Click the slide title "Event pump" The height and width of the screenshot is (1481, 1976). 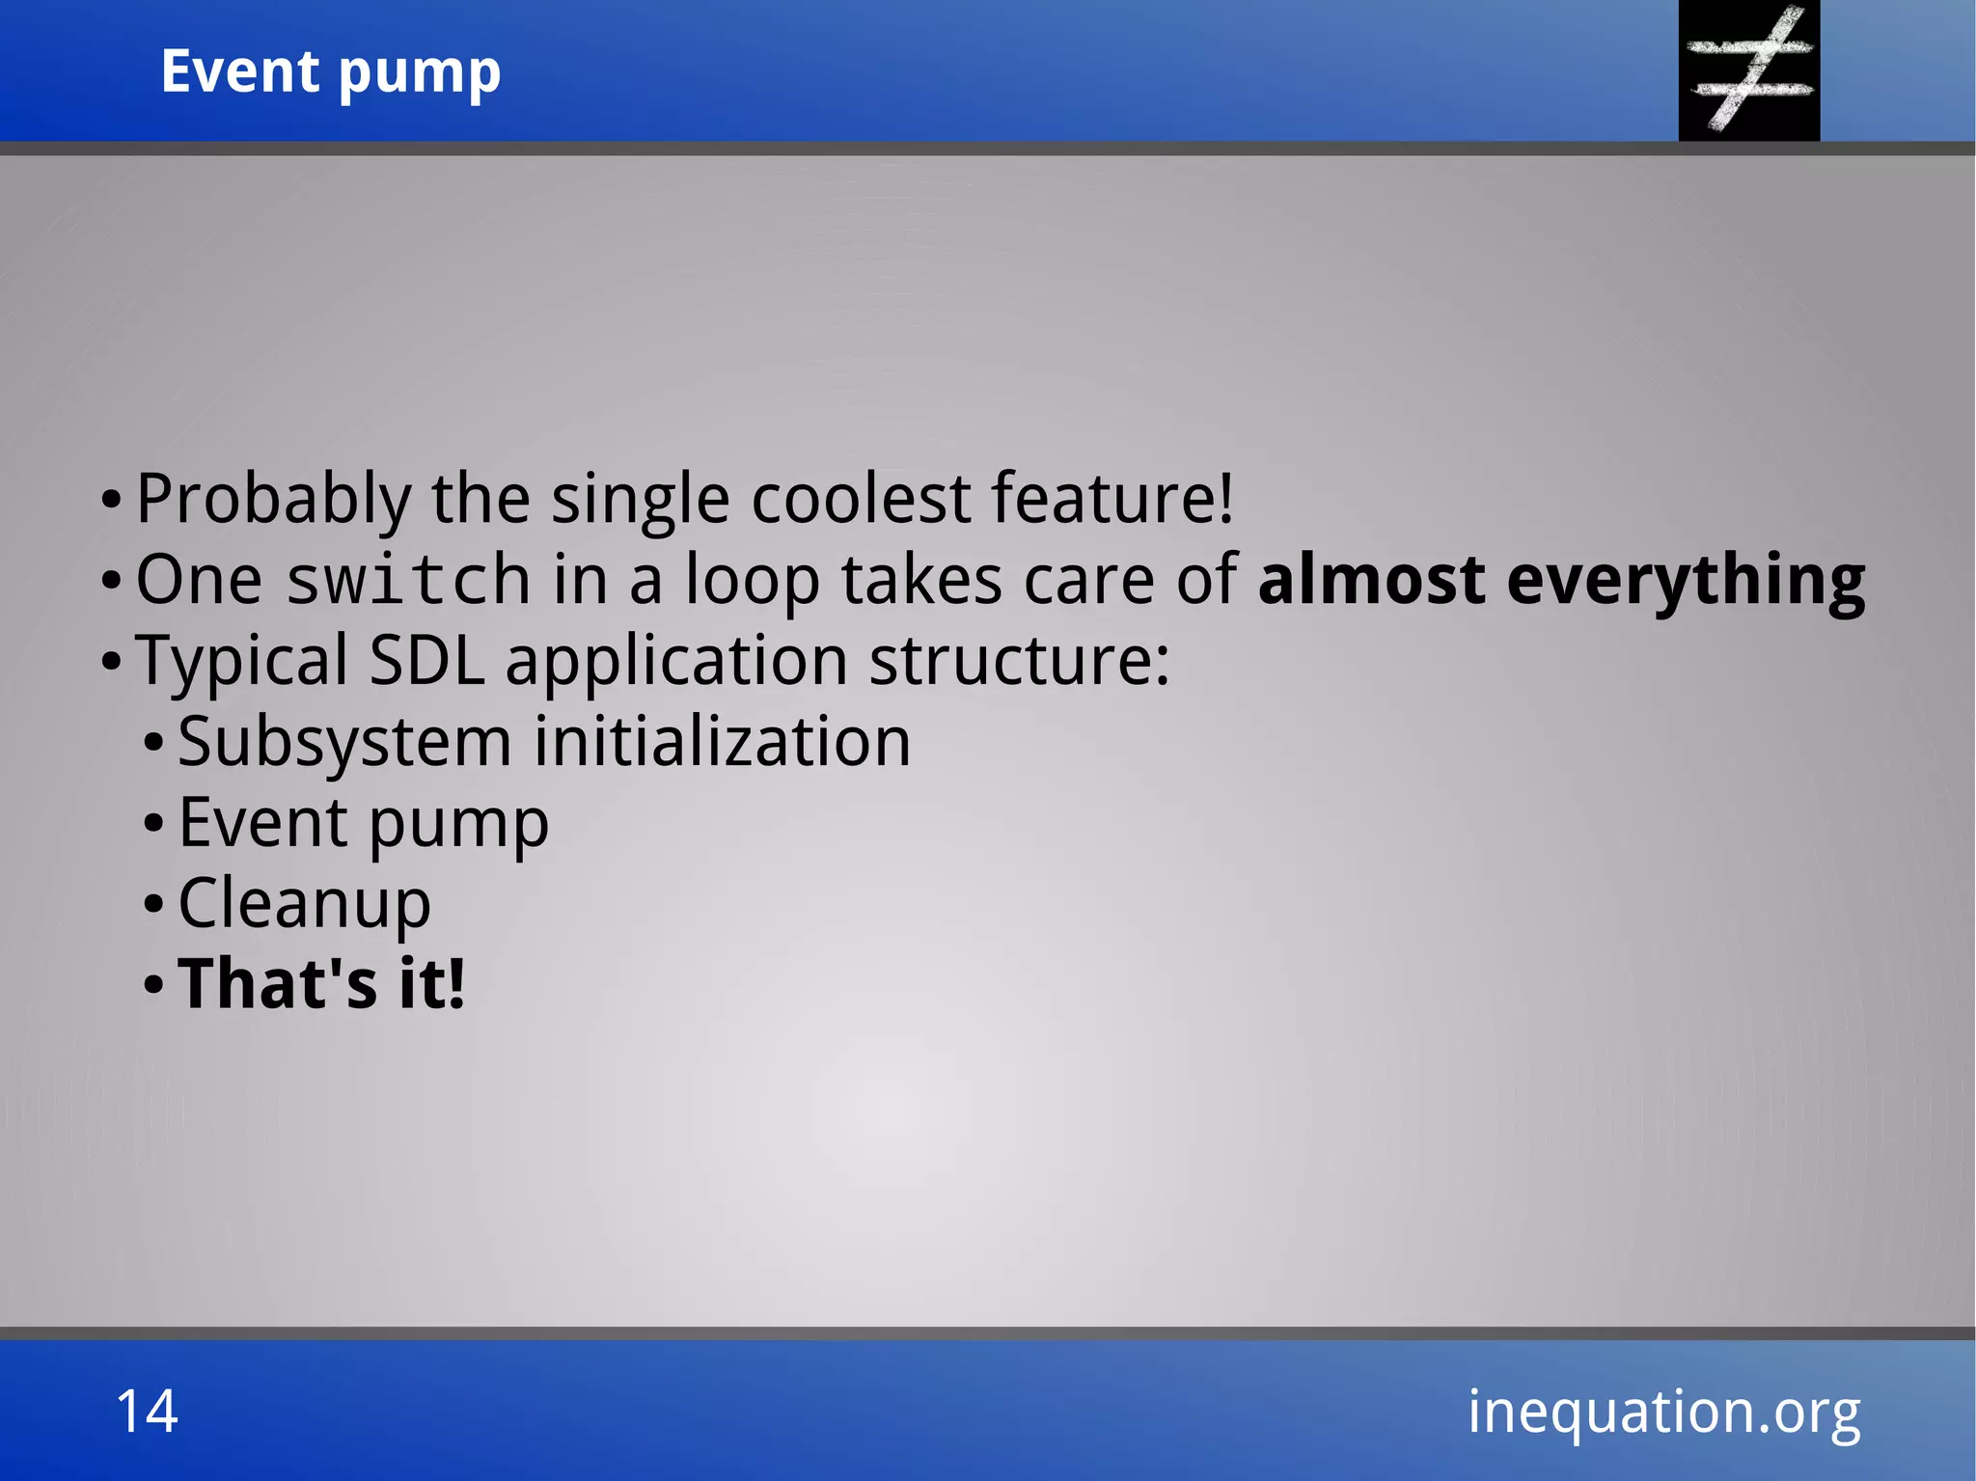[331, 72]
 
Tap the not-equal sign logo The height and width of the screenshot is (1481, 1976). [1749, 69]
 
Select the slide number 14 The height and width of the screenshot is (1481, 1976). [147, 1412]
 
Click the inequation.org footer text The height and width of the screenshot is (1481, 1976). [1663, 1412]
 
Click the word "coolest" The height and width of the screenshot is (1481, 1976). [861, 500]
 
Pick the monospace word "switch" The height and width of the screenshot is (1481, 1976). [408, 581]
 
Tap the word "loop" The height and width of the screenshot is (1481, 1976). [752, 581]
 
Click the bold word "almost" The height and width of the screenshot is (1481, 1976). [1371, 581]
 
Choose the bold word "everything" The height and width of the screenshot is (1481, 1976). [1686, 581]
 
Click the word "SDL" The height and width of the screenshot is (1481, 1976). [426, 662]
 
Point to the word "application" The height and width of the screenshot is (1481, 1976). [676, 662]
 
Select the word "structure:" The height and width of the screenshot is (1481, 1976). [1019, 662]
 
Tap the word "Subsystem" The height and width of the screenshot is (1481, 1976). [344, 743]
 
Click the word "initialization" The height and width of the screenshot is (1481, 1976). [722, 743]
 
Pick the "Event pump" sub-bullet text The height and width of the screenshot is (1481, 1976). [363, 824]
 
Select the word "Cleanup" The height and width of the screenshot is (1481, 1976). [304, 905]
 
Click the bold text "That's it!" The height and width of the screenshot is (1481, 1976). [321, 985]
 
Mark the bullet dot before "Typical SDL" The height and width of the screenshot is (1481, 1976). [111, 663]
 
